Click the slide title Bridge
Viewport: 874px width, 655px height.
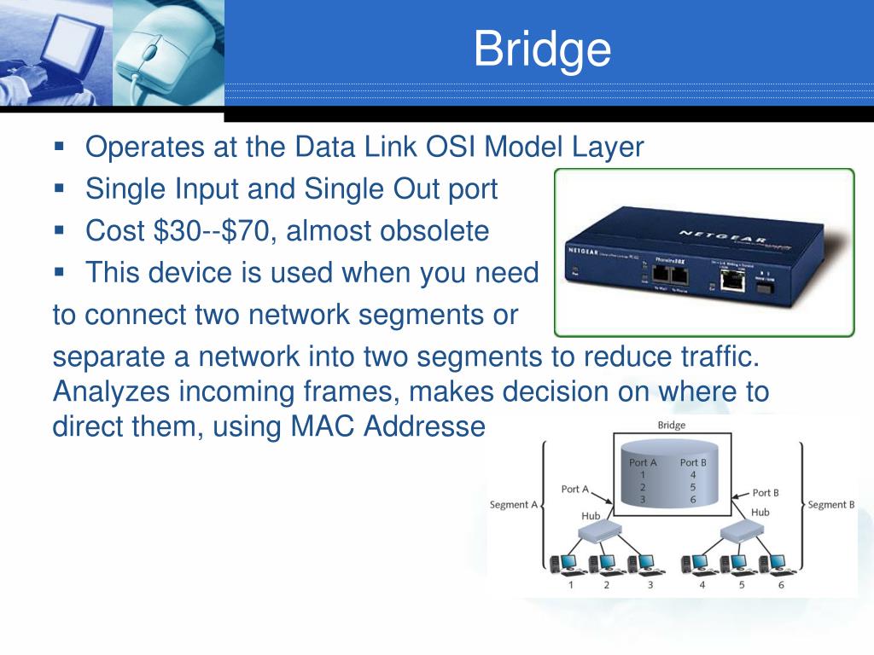(543, 49)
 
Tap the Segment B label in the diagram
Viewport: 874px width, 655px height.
(830, 505)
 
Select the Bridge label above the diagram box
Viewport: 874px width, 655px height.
(671, 426)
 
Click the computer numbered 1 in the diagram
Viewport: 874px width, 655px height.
(569, 563)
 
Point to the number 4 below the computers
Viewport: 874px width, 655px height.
(702, 586)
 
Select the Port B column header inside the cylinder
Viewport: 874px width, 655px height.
(693, 463)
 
